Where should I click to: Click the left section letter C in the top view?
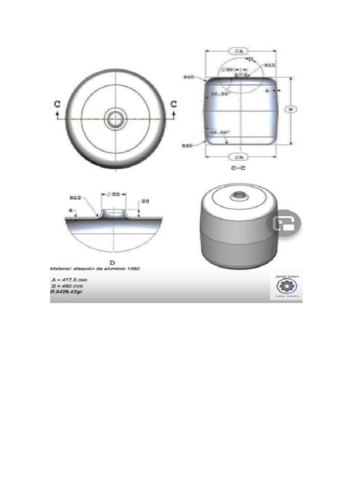pyautogui.click(x=57, y=105)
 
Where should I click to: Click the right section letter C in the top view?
pyautogui.click(x=174, y=104)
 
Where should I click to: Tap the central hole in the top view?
pyautogui.click(x=114, y=119)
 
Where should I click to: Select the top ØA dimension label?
pyautogui.click(x=239, y=50)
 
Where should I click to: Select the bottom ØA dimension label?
pyautogui.click(x=239, y=156)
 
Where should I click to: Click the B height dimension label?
pyautogui.click(x=291, y=109)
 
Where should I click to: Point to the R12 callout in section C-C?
pyautogui.click(x=270, y=66)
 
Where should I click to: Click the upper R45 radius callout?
pyautogui.click(x=189, y=76)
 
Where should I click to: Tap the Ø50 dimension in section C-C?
pyautogui.click(x=228, y=69)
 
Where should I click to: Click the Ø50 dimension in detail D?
pyautogui.click(x=114, y=194)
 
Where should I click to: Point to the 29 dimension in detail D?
pyautogui.click(x=145, y=201)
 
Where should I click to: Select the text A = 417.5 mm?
pyautogui.click(x=70, y=279)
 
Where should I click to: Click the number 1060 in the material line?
pyautogui.click(x=133, y=269)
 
